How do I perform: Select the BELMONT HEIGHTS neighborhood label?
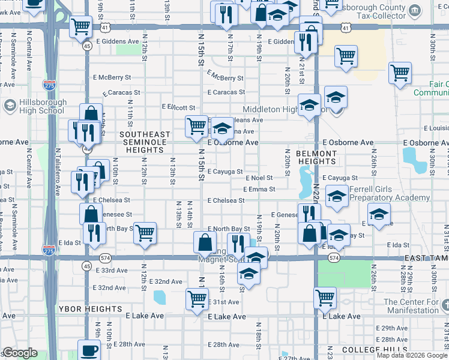click(316, 158)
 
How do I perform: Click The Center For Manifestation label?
click(411, 306)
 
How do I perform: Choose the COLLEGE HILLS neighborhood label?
click(370, 349)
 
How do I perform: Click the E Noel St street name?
click(259, 178)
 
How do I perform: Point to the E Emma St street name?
click(259, 189)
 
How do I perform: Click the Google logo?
click(20, 353)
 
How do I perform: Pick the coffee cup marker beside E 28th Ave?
click(89, 350)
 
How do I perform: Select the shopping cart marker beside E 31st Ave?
click(197, 299)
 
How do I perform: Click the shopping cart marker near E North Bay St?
click(145, 233)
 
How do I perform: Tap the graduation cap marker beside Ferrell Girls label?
click(337, 196)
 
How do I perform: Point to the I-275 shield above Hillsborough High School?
click(50, 86)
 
